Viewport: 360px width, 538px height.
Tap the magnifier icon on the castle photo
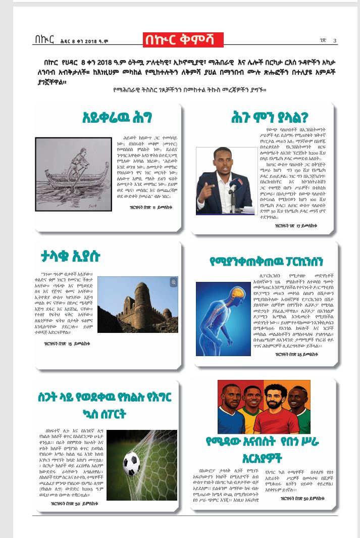(174, 282)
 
